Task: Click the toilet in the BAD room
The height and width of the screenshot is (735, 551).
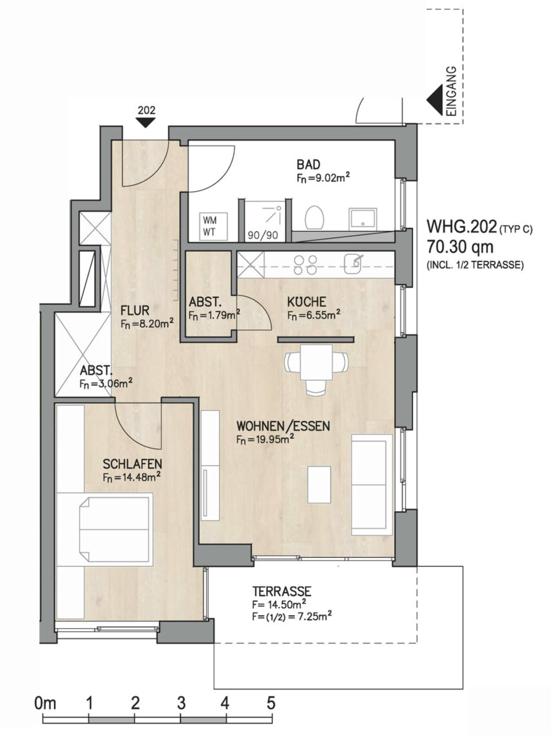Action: [x=315, y=217]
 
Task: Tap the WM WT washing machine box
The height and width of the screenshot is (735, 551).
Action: [x=213, y=226]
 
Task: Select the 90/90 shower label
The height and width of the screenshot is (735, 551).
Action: [x=263, y=235]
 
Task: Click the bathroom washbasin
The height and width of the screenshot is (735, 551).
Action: [x=363, y=218]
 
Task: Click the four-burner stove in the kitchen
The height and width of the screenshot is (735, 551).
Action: [x=305, y=265]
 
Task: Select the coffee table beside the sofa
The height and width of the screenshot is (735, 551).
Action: [x=319, y=484]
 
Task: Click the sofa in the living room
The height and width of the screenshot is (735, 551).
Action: [x=372, y=484]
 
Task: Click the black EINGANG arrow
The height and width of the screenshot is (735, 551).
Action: [x=434, y=100]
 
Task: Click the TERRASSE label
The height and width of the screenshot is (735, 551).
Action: [x=282, y=591]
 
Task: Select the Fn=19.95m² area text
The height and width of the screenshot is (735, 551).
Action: [x=265, y=439]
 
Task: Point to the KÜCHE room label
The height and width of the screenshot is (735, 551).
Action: [x=307, y=301]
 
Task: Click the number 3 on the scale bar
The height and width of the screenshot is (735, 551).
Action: [x=181, y=703]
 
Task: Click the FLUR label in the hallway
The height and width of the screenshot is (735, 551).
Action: [x=135, y=310]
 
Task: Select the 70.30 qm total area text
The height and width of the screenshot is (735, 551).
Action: [x=460, y=247]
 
